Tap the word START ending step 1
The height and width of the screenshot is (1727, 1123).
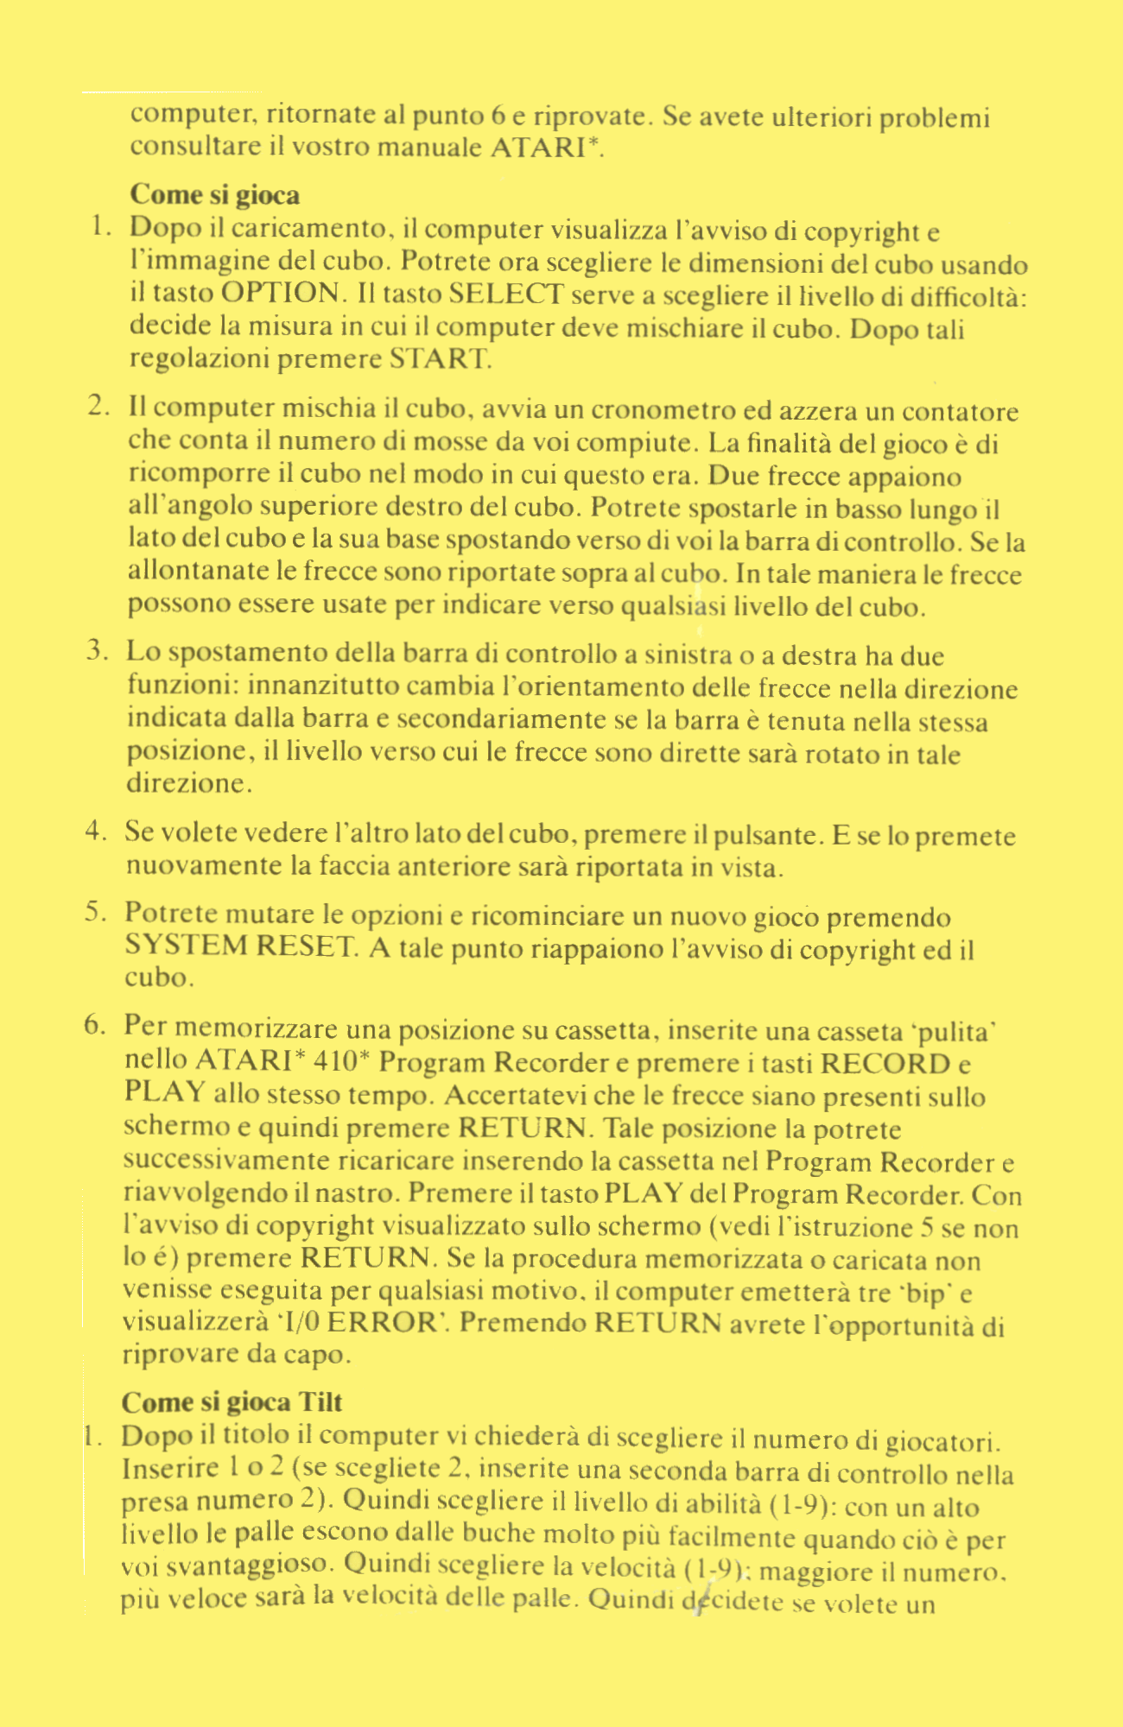(440, 358)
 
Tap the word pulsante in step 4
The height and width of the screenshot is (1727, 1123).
(767, 836)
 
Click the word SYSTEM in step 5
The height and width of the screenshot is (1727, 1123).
(186, 946)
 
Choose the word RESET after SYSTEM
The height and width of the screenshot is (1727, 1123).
(306, 946)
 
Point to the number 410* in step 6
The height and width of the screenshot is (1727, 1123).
(342, 1061)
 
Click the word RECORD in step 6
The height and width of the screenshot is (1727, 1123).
(885, 1063)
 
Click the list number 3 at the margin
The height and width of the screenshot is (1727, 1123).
(96, 652)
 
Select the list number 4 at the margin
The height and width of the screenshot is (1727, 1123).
(96, 832)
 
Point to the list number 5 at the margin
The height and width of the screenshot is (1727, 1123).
(95, 913)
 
